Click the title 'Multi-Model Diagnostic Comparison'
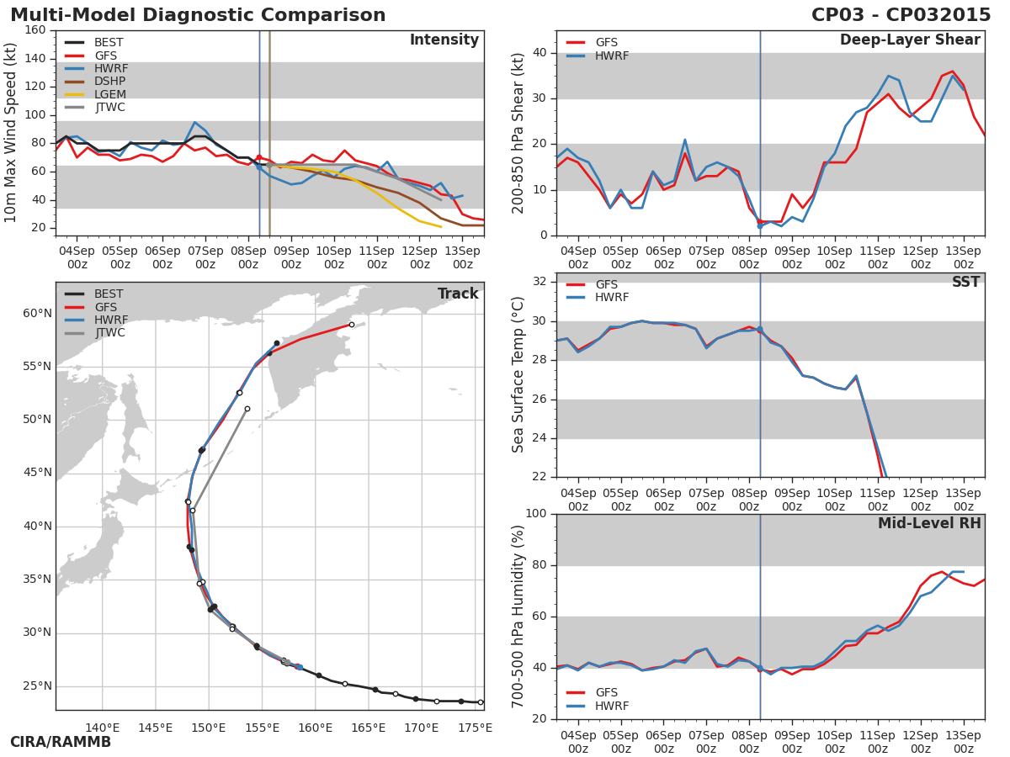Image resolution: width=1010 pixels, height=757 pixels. tap(198, 15)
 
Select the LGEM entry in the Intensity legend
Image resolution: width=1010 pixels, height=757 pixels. tap(109, 94)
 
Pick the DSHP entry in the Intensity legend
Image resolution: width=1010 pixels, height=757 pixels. tap(109, 82)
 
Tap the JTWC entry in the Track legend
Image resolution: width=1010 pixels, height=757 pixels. tap(109, 333)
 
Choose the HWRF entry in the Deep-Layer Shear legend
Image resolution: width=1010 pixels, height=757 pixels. tap(612, 56)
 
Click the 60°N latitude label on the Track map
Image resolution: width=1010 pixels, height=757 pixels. tap(37, 314)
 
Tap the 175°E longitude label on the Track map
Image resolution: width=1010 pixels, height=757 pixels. tap(476, 728)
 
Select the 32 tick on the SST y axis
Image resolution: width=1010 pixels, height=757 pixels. tap(539, 282)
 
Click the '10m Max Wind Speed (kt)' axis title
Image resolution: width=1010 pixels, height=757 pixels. tap(11, 133)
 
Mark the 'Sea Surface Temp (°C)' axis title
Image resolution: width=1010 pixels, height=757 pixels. tap(518, 375)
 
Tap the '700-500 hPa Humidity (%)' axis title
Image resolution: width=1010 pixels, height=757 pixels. tap(518, 616)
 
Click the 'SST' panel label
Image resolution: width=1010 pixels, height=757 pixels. tap(965, 283)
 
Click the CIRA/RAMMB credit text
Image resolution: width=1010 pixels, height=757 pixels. tap(61, 742)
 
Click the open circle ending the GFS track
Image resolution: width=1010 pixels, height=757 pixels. tap(352, 325)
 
